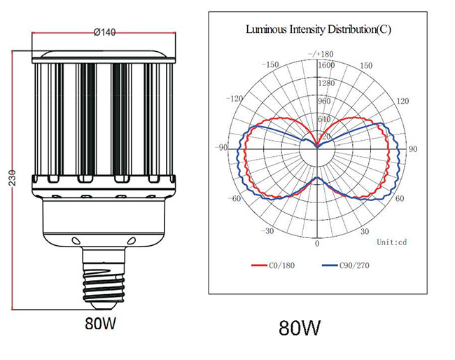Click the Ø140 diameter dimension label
coord(104,32)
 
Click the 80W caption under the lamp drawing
coord(100,323)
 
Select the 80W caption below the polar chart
coord(300,328)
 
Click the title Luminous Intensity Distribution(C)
coord(318,29)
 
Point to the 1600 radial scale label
coord(326,65)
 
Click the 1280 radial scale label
coord(326,83)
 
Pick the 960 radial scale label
coord(324,101)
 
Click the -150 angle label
coord(270,64)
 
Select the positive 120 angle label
coord(402,101)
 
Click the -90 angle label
coord(221,148)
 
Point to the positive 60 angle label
coord(400,199)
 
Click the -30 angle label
coord(267,231)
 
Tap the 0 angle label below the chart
coord(317,243)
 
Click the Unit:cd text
coord(392,242)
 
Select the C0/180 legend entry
coord(273,265)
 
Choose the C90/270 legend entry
coord(346,265)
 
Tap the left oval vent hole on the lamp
coord(76,241)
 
